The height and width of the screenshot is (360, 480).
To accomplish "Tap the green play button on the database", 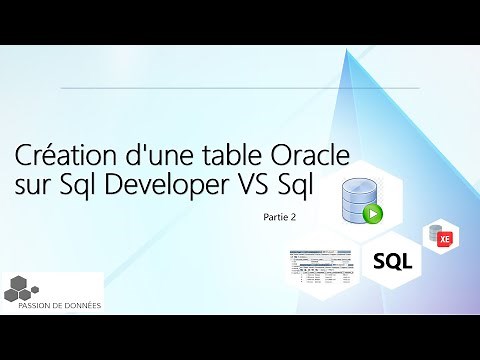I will tap(372, 213).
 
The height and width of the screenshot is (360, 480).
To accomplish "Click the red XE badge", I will tap(445, 238).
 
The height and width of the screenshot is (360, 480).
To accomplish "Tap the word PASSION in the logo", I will tap(38, 306).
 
